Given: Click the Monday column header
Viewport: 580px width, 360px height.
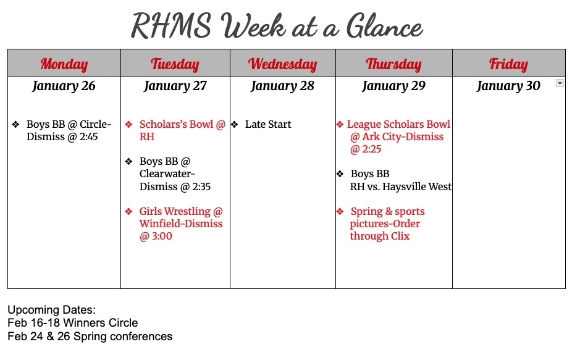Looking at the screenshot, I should (64, 64).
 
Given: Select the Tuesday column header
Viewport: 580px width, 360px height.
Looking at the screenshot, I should (175, 64).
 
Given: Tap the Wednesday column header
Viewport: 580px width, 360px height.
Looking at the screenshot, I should (282, 64).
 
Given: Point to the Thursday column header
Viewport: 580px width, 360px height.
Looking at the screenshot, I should (393, 64).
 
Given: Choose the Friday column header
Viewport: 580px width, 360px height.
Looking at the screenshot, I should (508, 64).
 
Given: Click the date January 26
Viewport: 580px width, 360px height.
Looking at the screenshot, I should (64, 86).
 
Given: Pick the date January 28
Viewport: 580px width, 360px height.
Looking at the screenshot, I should (282, 86).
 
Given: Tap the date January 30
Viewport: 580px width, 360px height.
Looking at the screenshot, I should (508, 86).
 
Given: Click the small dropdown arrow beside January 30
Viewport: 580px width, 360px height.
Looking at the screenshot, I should (560, 83).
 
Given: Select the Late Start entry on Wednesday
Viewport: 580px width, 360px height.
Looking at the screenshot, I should (268, 125).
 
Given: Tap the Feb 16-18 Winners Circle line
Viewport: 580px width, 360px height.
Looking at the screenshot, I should (72, 323).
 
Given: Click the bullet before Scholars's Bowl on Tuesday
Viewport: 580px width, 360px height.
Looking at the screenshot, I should (128, 125).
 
